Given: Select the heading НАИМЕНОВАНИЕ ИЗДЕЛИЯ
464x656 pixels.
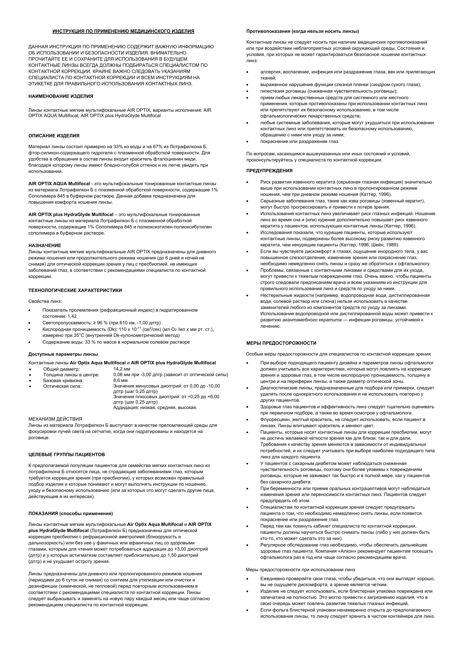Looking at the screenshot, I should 61,97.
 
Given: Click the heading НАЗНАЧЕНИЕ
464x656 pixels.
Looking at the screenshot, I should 45,245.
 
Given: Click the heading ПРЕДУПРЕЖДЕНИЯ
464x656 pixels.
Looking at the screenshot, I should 269,171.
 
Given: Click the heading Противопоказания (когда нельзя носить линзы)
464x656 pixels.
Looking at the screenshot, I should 302,31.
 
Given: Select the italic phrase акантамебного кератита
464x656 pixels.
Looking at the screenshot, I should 312,320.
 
